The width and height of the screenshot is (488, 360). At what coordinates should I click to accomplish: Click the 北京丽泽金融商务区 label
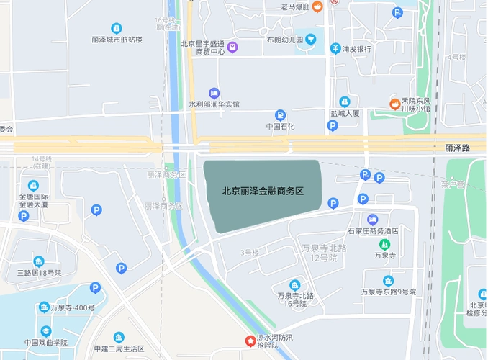[263, 192]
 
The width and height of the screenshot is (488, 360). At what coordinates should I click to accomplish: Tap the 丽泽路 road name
[457, 148]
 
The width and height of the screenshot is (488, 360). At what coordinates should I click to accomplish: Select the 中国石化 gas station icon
[280, 115]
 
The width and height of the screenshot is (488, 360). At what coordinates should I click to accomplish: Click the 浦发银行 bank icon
[335, 49]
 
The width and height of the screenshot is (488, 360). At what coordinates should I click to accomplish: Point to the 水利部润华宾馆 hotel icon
[214, 93]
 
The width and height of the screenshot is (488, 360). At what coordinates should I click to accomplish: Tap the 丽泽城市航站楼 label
[117, 40]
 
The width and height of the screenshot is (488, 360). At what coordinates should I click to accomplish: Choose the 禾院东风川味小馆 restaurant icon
[394, 104]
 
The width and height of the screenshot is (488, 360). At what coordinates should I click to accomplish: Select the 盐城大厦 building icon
[345, 102]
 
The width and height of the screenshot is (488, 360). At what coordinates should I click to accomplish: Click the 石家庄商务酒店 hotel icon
[372, 219]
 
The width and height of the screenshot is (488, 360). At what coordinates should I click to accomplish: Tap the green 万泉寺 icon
[384, 244]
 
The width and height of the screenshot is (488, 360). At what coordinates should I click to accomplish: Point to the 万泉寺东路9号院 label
[389, 292]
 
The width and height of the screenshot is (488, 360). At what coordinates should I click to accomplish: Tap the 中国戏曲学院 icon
[45, 330]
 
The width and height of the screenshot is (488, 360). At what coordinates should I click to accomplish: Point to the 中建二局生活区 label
[119, 348]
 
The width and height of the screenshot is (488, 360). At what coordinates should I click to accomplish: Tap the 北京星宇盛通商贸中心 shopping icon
[232, 48]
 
